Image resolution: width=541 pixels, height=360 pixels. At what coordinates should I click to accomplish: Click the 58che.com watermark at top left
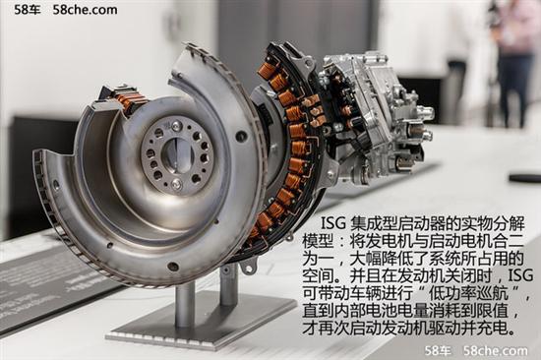pyautogui.click(x=85, y=10)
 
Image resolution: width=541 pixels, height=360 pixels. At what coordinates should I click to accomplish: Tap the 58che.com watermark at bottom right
pyautogui.click(x=495, y=351)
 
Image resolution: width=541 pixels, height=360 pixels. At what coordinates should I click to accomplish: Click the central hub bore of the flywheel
pyautogui.click(x=175, y=152)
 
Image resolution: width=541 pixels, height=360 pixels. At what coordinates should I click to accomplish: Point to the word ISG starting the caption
pyautogui.click(x=333, y=223)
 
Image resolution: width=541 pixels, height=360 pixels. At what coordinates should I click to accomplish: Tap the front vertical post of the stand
pyautogui.click(x=185, y=305)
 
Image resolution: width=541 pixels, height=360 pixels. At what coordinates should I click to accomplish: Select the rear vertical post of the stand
pyautogui.click(x=229, y=285)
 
